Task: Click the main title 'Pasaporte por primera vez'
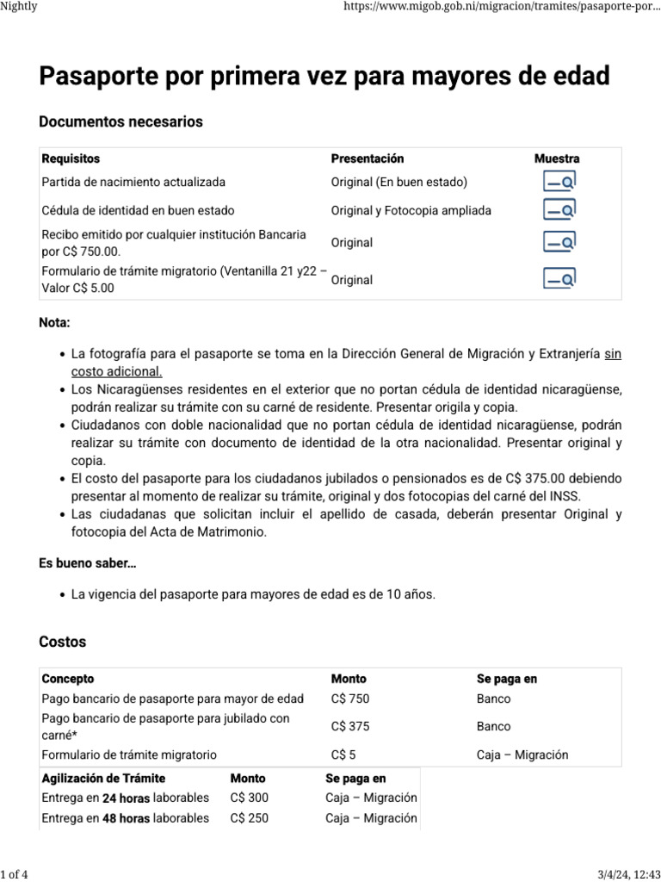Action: [x=324, y=76]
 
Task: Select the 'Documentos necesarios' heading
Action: [x=121, y=122]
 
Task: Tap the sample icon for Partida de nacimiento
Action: [x=559, y=182]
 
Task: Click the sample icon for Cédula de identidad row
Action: [x=559, y=210]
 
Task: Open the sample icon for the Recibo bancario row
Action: [x=559, y=243]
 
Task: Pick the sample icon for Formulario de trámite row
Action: [x=559, y=279]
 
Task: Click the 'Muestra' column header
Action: [x=557, y=158]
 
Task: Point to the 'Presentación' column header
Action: [x=368, y=158]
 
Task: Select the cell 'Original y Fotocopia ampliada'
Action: [x=411, y=210]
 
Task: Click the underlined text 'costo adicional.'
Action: [x=116, y=371]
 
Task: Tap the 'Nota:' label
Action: [x=55, y=323]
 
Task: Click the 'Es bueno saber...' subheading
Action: [x=88, y=563]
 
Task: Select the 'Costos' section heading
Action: [x=63, y=642]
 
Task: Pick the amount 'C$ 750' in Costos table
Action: [x=350, y=699]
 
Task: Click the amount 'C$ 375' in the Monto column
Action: [x=350, y=726]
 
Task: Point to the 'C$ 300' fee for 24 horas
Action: [x=250, y=798]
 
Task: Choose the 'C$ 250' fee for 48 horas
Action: [x=250, y=817]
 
